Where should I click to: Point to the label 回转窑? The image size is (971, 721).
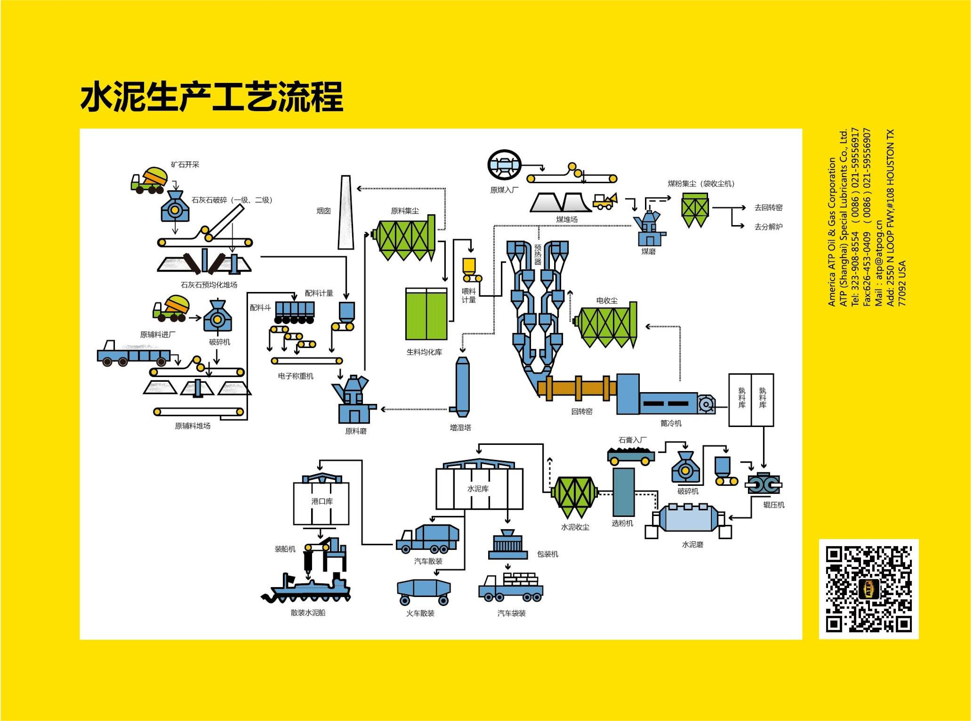pos(582,411)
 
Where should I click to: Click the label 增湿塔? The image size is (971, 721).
pos(460,428)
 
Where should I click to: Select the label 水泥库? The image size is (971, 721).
pos(478,489)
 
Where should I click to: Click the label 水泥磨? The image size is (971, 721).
pos(693,545)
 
